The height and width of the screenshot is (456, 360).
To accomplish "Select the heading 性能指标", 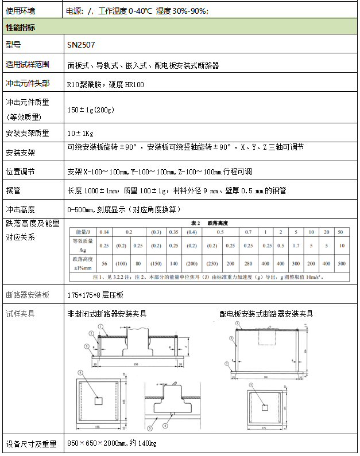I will (x=20, y=27).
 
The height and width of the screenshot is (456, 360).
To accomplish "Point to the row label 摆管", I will (x=13, y=190).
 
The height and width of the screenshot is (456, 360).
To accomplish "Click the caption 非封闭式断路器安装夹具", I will (x=107, y=314).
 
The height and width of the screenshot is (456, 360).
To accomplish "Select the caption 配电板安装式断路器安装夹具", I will (x=266, y=314).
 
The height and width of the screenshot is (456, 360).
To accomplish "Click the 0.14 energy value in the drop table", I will (x=104, y=232).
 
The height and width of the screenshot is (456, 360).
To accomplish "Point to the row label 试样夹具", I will (x=20, y=314).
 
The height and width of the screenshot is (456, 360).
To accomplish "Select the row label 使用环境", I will (x=20, y=10).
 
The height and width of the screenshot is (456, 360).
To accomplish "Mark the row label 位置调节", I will (x=20, y=172).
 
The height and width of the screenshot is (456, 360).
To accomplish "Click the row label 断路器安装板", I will (x=28, y=295).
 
